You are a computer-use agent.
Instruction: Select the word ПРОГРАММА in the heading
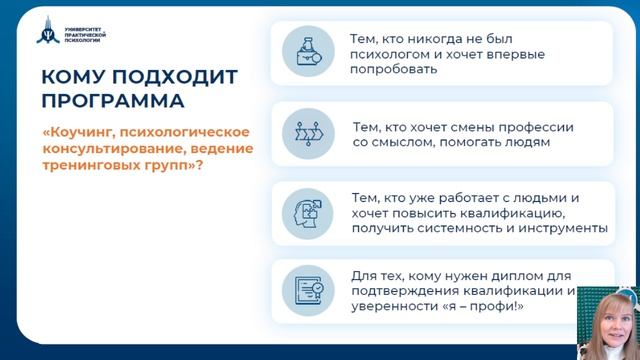pyautogui.click(x=113, y=101)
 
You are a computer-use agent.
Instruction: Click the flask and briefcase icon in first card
pyautogui.click(x=302, y=50)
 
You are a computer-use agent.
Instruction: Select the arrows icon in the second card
pyautogui.click(x=302, y=134)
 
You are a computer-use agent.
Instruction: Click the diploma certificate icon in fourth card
pyautogui.click(x=302, y=290)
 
